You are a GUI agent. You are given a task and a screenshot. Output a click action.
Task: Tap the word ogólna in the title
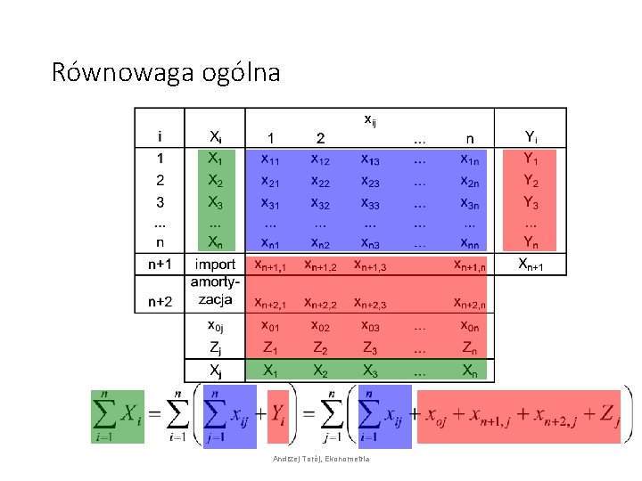pos(242,72)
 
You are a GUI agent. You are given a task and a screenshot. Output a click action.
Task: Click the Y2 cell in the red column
pos(531,181)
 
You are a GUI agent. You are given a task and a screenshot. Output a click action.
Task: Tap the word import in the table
pos(215,265)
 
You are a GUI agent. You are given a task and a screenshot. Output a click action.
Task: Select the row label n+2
pos(159,303)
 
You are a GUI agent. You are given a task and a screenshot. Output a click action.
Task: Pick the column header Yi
pos(531,137)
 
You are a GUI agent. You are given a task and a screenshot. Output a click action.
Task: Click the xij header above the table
pos(369,118)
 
